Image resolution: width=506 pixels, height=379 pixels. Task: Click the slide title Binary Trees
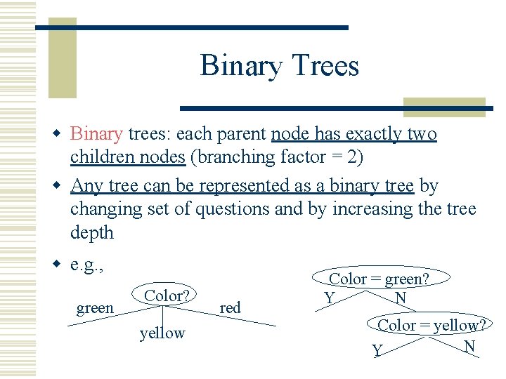click(279, 66)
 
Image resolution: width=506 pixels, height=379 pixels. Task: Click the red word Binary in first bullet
click(97, 133)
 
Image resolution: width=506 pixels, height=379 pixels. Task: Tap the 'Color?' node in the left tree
click(169, 295)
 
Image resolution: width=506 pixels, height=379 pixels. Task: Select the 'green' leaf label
click(95, 308)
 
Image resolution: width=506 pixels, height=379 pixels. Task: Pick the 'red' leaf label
click(230, 307)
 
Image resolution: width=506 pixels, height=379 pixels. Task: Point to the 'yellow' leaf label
click(162, 333)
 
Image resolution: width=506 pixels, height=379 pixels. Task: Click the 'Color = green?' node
click(379, 279)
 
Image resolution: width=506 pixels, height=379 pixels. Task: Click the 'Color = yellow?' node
click(432, 324)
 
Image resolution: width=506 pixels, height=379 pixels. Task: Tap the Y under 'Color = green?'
click(328, 298)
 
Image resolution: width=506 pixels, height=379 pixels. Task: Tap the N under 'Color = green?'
click(401, 298)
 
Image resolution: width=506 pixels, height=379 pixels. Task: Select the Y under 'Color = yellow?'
click(377, 350)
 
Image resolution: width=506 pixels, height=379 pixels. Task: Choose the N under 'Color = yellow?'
click(469, 346)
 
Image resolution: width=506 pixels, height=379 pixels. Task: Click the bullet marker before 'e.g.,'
click(60, 265)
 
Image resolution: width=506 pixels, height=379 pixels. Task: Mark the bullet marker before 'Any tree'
click(60, 186)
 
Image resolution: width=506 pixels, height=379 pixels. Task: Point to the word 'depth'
click(91, 232)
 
